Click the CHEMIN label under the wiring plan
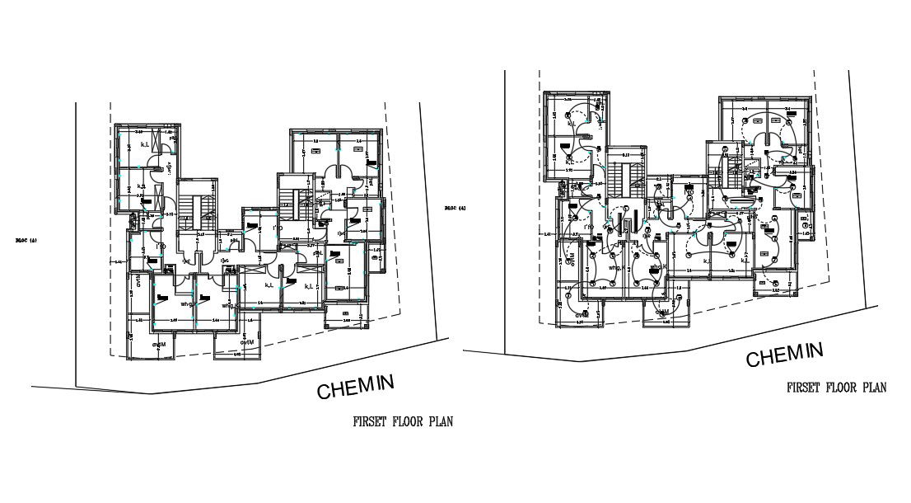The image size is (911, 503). point(784,355)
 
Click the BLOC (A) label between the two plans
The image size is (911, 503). point(455,208)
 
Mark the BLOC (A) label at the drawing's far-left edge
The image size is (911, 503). point(26,241)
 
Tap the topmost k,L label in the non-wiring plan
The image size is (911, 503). point(146,145)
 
